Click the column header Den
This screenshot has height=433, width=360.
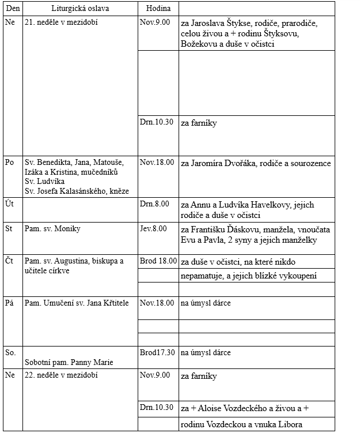[12, 9]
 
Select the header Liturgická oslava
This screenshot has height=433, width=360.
[80, 9]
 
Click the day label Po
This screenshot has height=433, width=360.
[10, 163]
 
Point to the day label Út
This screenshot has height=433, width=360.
[9, 205]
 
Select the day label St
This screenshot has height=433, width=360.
[9, 229]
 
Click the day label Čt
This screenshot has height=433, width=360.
[9, 261]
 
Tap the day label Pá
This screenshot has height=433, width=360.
[9, 303]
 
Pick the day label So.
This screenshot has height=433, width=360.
[10, 352]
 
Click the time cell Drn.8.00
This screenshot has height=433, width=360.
[155, 204]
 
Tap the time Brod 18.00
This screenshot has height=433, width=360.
[158, 261]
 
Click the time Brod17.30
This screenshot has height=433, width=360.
[157, 352]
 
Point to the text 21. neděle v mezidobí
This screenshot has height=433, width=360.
[60, 25]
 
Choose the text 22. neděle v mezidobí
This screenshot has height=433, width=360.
[61, 376]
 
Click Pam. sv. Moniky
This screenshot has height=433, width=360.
[52, 229]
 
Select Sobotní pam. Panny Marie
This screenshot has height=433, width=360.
[69, 363]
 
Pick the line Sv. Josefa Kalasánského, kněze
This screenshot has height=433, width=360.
[77, 191]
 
